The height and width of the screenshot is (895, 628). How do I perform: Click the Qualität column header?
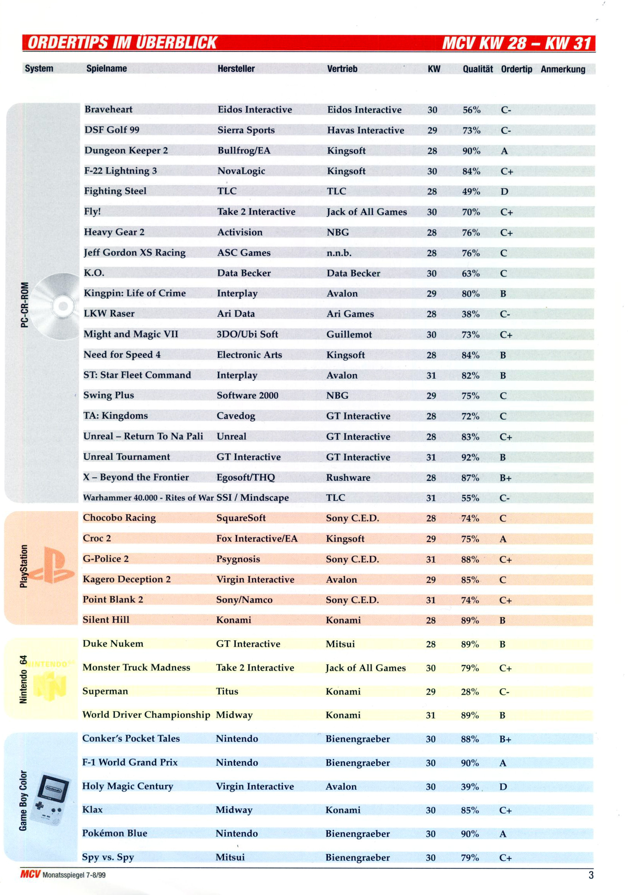(477, 69)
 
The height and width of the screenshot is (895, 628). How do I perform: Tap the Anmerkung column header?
(563, 69)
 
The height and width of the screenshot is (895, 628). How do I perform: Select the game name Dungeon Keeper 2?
(126, 151)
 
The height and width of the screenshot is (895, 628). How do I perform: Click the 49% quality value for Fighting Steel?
(470, 191)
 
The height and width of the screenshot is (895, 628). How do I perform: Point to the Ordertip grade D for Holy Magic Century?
(503, 787)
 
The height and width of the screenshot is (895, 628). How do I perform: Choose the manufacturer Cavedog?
(236, 416)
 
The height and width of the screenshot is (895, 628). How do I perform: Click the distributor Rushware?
(348, 478)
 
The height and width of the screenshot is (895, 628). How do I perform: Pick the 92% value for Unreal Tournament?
(470, 457)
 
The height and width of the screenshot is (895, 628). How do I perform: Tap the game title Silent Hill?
(106, 620)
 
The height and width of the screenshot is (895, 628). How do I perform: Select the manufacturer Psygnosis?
(238, 559)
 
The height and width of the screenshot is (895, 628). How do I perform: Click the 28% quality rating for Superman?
(469, 691)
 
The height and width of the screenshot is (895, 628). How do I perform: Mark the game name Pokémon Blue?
(115, 833)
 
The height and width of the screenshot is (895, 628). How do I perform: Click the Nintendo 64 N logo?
(50, 686)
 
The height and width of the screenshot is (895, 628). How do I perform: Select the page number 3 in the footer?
(590, 875)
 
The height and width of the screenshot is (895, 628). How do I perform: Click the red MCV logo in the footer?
(30, 874)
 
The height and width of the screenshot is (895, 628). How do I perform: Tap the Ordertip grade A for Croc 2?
(503, 539)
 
